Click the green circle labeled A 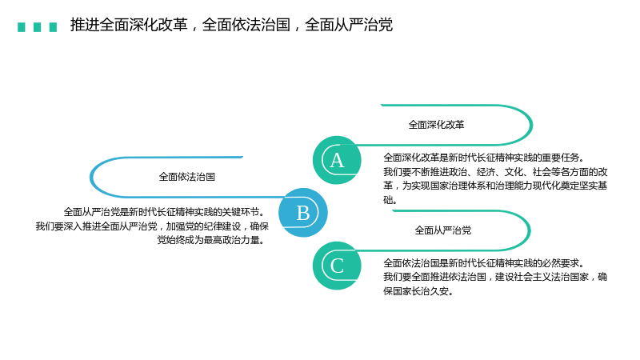337,160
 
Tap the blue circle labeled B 303,213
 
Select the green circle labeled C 337,266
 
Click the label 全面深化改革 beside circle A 436,125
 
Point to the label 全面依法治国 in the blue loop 187,177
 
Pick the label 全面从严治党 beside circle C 443,230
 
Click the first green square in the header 22,27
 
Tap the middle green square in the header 37,27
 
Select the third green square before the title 53,27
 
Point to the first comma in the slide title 194,28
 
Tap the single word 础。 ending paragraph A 390,199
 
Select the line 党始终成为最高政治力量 211,240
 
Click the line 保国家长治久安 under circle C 418,291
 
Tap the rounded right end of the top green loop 531,125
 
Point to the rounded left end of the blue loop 90,177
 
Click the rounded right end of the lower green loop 530,230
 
